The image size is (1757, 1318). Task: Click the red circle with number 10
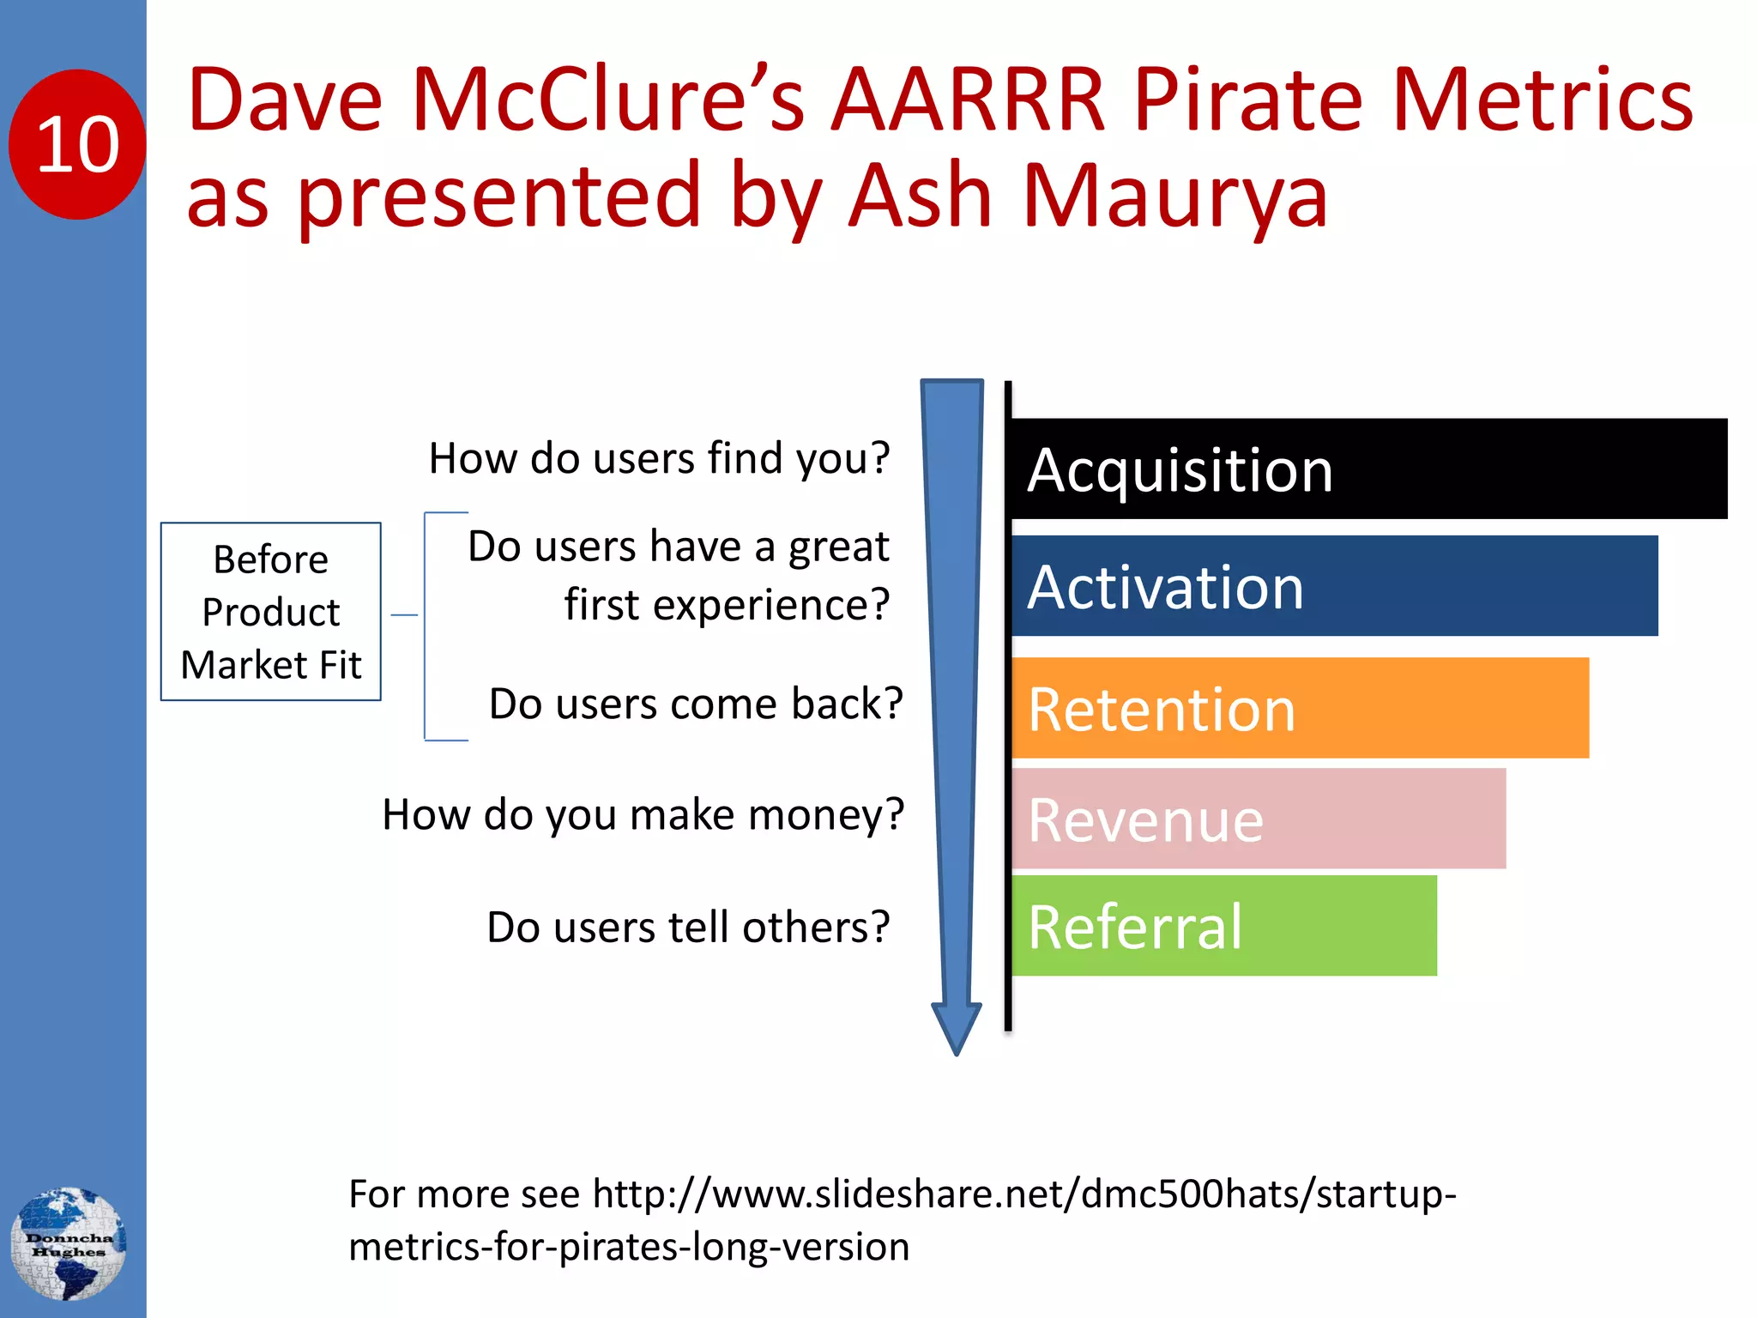click(77, 144)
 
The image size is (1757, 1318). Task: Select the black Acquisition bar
click(1368, 469)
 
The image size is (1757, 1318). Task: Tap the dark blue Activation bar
click(1334, 586)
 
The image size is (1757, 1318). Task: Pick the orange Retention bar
click(1300, 708)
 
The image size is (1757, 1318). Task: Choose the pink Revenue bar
click(1259, 819)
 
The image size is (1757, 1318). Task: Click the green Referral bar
click(1224, 926)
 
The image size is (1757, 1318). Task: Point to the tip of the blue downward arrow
click(956, 1050)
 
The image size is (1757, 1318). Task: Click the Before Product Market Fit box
click(271, 612)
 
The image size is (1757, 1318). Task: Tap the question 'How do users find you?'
click(659, 458)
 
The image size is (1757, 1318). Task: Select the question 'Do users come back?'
click(696, 704)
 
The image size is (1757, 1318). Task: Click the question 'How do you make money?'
click(643, 814)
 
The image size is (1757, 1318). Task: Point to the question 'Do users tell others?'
click(688, 927)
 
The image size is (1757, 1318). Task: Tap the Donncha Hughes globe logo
click(69, 1243)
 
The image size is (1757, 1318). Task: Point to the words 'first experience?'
click(727, 605)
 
